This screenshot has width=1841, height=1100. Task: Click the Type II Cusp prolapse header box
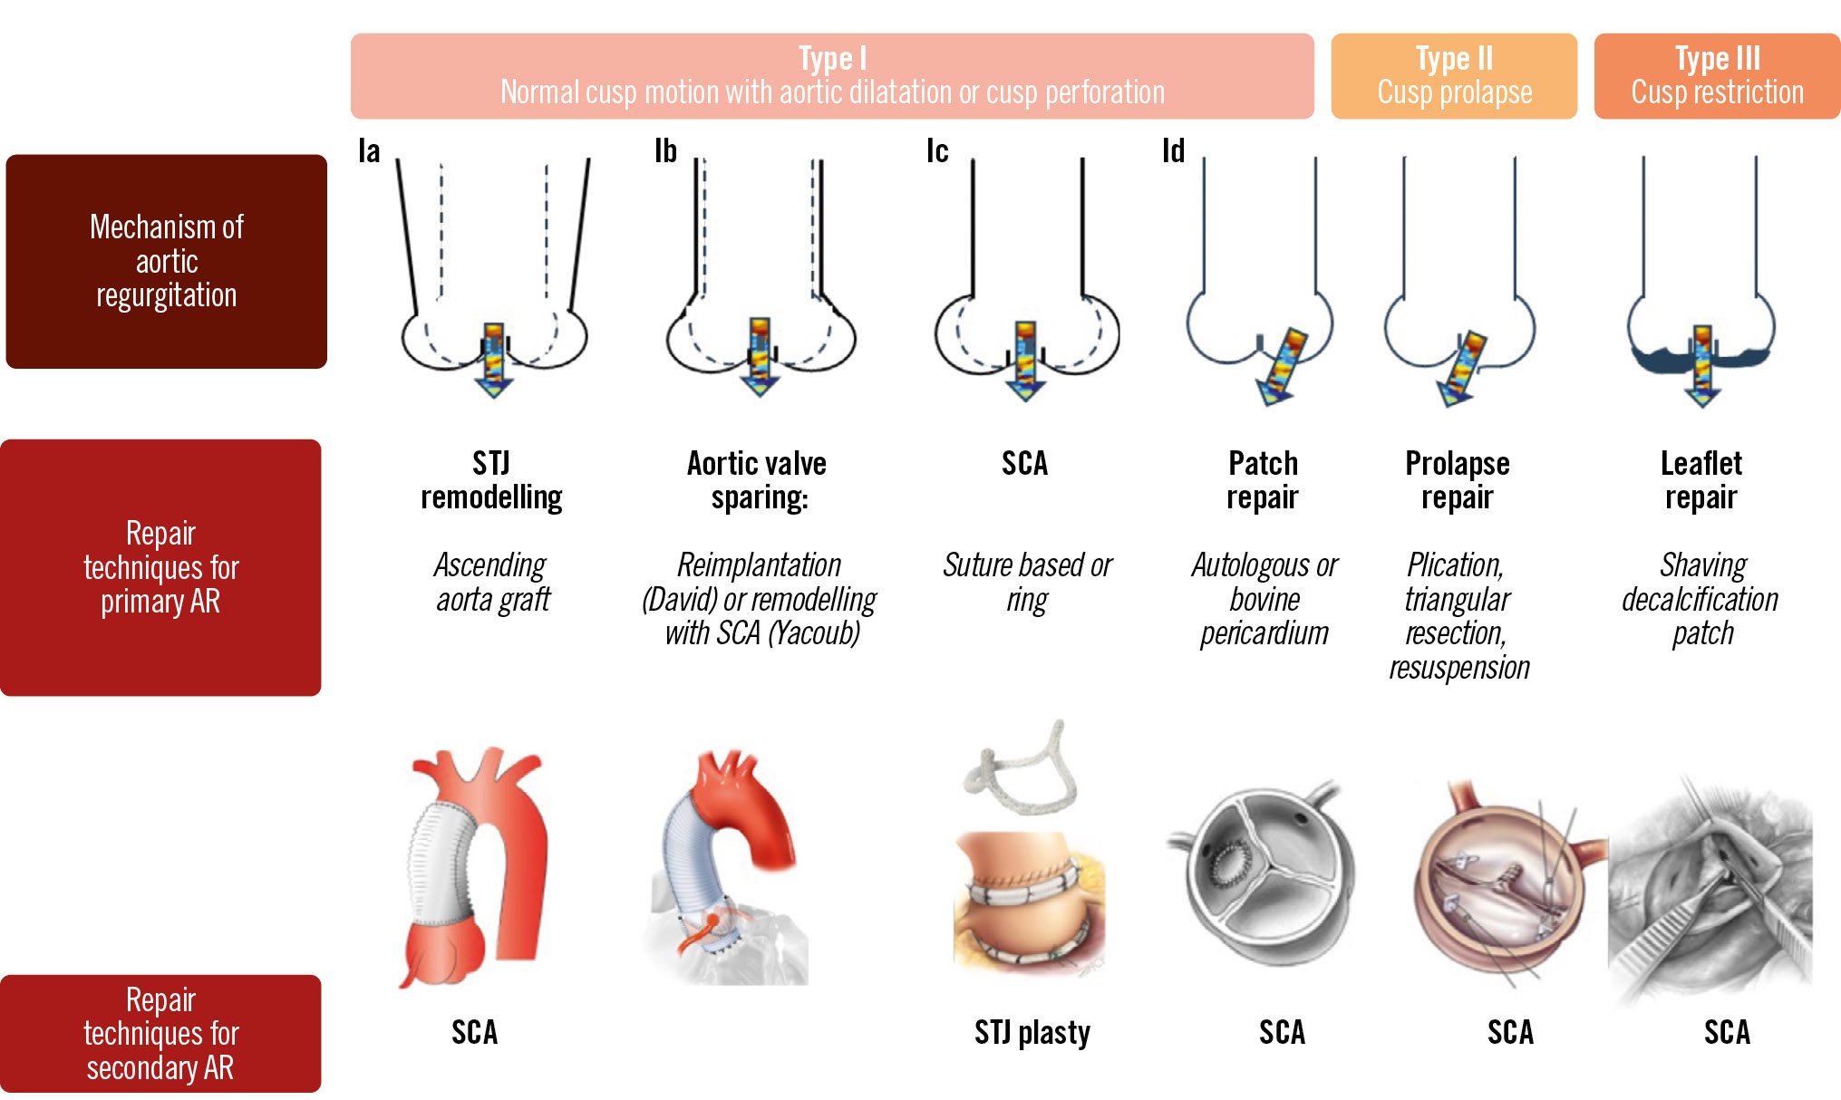(x=1453, y=76)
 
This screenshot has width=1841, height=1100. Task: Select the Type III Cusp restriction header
(x=1717, y=76)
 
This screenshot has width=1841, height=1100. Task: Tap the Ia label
(x=369, y=151)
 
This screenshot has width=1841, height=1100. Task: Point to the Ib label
(x=665, y=151)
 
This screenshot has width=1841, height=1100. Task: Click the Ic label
(x=937, y=151)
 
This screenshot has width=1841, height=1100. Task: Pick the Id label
(x=1173, y=151)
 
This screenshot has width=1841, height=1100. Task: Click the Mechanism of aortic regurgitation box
(x=167, y=261)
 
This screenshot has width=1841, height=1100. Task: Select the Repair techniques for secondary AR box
(x=160, y=1033)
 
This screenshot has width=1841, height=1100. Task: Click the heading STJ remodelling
(x=491, y=480)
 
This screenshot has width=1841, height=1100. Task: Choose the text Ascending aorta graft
(x=491, y=582)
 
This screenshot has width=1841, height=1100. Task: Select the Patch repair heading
(x=1263, y=480)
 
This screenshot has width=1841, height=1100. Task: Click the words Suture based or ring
(x=1027, y=582)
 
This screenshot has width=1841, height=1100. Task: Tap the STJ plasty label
(x=1032, y=1032)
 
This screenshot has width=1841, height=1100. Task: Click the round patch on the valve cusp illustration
(x=1231, y=865)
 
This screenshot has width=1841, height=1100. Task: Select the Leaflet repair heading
(x=1701, y=480)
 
